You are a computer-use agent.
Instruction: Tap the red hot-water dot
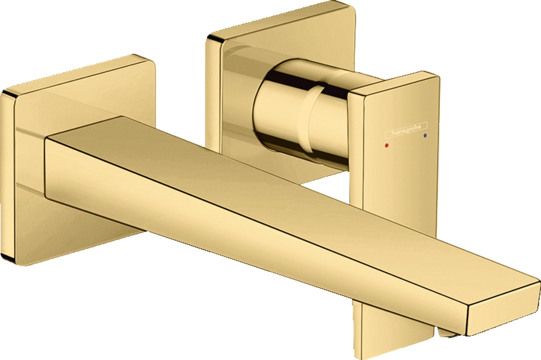click(386, 146)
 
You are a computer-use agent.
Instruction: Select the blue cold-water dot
click(425, 135)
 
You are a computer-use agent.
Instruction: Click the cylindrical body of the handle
click(280, 113)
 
